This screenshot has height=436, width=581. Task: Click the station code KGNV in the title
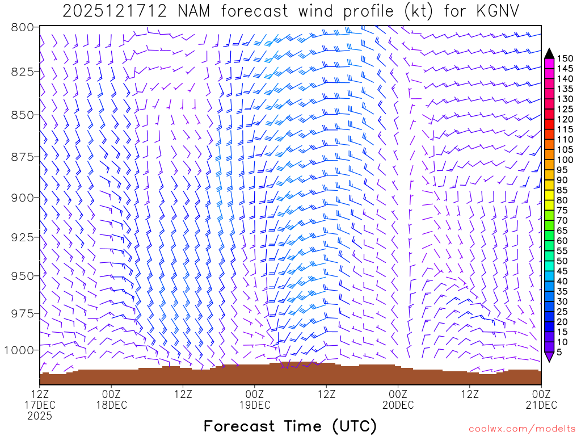tap(496, 11)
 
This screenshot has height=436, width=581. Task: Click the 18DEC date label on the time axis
tap(111, 405)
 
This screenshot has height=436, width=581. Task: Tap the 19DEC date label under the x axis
tap(254, 405)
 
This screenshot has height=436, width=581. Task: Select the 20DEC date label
tap(398, 405)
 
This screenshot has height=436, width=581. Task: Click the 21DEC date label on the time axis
tap(541, 405)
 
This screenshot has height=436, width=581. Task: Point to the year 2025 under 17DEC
tap(40, 416)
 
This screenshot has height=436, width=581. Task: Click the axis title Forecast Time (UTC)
tap(290, 426)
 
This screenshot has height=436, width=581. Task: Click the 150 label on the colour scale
tap(565, 58)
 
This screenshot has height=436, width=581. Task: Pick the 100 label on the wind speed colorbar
tap(565, 160)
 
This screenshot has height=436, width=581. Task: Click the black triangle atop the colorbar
tap(549, 53)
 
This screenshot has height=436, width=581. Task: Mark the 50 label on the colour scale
tap(563, 261)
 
